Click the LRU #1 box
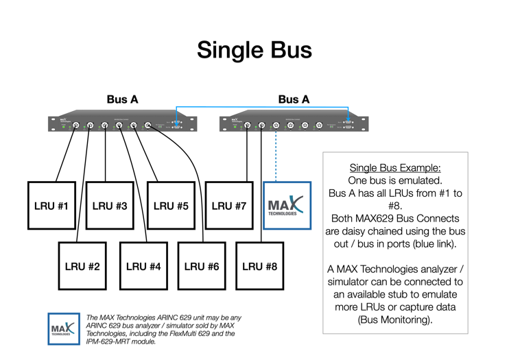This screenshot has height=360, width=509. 52,206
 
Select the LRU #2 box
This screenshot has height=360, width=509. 82,266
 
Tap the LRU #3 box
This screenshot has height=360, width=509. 110,206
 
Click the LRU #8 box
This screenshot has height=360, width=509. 261,266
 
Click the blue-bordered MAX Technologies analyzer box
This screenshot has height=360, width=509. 287,206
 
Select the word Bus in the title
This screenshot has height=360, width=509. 291,50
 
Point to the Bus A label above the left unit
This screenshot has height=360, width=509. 122,99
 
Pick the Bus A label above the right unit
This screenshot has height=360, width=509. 294,99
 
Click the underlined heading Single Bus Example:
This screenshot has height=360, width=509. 395,168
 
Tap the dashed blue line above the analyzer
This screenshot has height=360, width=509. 276,158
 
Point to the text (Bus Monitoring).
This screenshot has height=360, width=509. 395,320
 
